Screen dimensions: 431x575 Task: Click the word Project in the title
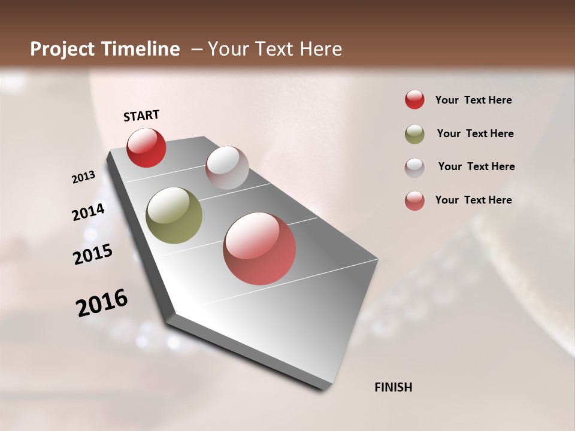coord(62,49)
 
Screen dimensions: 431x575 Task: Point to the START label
coord(141,116)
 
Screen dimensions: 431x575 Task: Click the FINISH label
coord(394,387)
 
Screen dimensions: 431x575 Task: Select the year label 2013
coord(84,177)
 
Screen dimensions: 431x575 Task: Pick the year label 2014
coord(89,212)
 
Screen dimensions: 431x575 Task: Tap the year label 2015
coord(93,254)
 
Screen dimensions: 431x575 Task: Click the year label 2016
coord(102,303)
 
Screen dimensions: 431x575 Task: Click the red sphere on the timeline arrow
coord(146,148)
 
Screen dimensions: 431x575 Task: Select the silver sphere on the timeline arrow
coord(227,168)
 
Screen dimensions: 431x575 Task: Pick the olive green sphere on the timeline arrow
coord(174,215)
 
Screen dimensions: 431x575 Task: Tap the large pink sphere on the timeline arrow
coord(259,248)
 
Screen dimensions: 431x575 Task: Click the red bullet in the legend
coord(414,100)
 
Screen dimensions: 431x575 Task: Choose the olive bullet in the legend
coord(414,134)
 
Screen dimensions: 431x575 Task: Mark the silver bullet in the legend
coord(414,167)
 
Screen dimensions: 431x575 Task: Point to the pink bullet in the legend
coord(414,201)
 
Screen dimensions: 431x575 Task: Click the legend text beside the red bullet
coord(473,100)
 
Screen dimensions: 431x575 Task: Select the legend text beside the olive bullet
coord(475,133)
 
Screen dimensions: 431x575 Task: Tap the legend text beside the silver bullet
coord(476,166)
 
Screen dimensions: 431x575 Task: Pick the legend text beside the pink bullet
coord(473,200)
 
